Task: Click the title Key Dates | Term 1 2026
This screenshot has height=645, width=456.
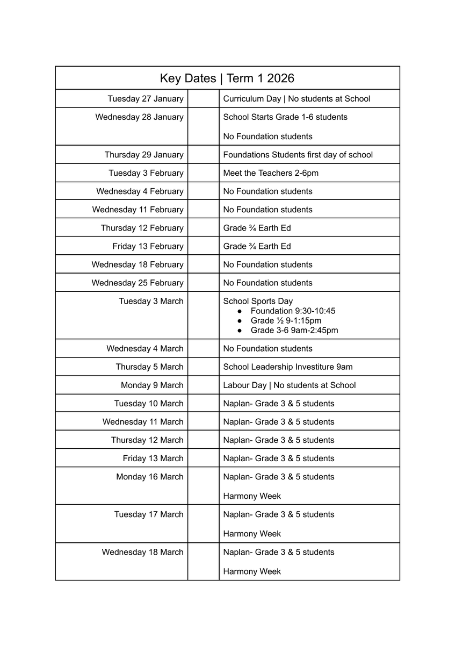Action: pos(227,78)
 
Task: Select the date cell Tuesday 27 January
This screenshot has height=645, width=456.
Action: pos(145,99)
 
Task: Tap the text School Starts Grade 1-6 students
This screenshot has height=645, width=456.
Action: pos(285,117)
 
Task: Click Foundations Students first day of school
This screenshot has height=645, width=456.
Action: pos(298,155)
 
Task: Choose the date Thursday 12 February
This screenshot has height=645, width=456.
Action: pos(142,228)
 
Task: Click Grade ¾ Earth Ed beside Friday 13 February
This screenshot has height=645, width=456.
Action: pos(257,246)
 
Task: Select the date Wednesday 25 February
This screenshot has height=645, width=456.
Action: pos(137,283)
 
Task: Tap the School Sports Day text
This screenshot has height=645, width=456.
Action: pos(258,301)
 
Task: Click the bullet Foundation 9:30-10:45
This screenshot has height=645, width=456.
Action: pos(293,311)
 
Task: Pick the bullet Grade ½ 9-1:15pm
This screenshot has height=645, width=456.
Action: pos(286,321)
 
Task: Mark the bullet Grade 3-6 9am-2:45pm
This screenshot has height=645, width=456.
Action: pos(294,331)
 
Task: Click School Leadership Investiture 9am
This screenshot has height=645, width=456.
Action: pos(288,367)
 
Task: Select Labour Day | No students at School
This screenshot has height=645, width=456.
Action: pos(289,385)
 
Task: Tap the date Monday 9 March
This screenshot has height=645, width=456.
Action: pos(152,385)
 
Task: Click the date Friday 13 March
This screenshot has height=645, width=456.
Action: pos(153,458)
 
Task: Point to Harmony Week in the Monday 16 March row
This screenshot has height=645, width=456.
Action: pos(252,496)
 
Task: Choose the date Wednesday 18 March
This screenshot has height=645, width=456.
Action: pos(142,552)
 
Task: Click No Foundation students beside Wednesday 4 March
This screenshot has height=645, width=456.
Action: pos(267,349)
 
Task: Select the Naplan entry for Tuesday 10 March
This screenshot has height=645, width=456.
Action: pos(278,404)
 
